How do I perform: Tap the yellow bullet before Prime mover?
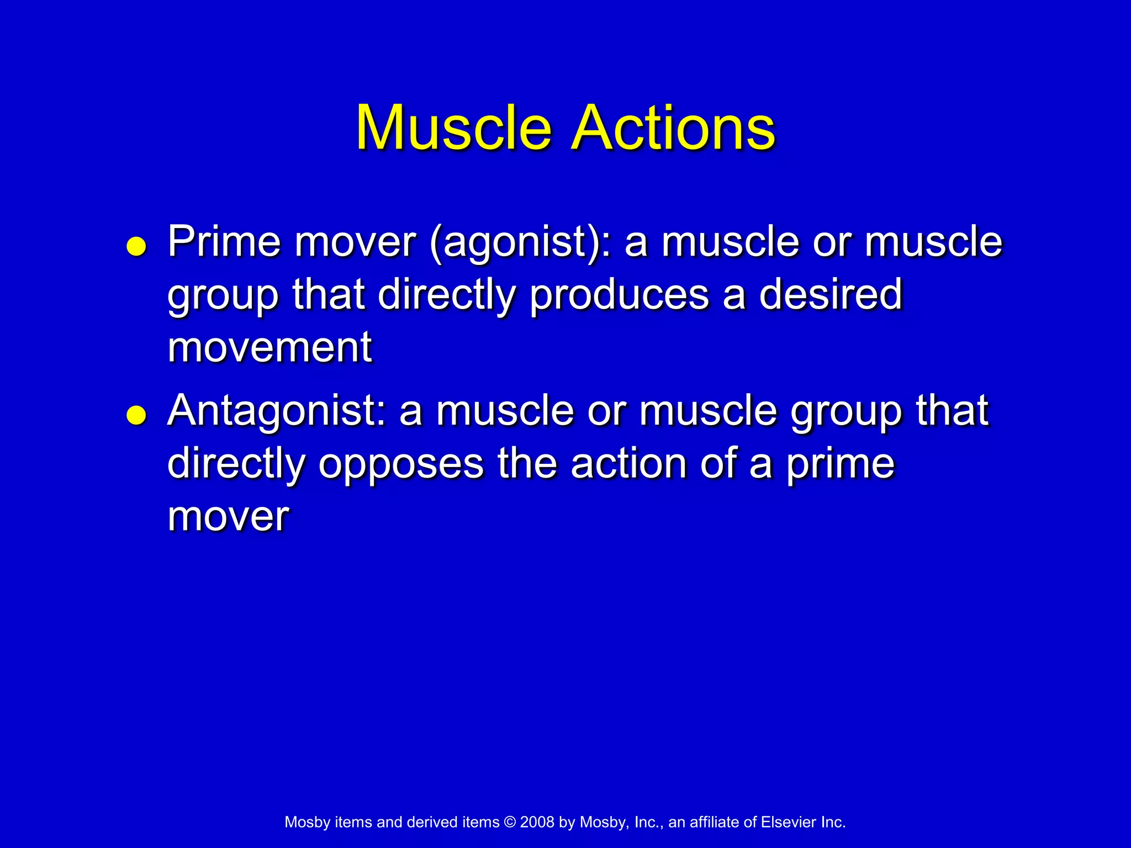click(136, 247)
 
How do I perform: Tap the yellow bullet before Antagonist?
click(136, 415)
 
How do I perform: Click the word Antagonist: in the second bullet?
click(276, 412)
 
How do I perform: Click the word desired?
click(831, 295)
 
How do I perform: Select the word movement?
click(269, 348)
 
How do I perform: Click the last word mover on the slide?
click(228, 517)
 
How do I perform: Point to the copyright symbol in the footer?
click(510, 822)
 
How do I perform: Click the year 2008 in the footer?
click(537, 822)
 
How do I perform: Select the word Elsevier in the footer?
click(788, 822)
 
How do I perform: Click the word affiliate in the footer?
click(715, 822)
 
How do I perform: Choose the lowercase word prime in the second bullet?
click(840, 465)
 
